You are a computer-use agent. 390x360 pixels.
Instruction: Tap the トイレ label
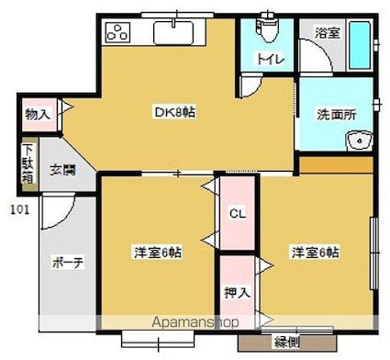pyautogui.click(x=268, y=60)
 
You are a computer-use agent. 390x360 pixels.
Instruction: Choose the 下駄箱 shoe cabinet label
pyautogui.click(x=28, y=164)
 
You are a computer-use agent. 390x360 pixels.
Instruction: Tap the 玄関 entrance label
pyautogui.click(x=61, y=168)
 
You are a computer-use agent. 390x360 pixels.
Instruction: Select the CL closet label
pyautogui.click(x=237, y=214)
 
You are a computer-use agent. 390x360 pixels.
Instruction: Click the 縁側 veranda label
pyautogui.click(x=287, y=342)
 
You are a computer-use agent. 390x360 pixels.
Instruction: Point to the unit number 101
pyautogui.click(x=17, y=208)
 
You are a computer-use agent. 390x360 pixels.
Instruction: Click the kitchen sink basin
pyautogui.click(x=174, y=33)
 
